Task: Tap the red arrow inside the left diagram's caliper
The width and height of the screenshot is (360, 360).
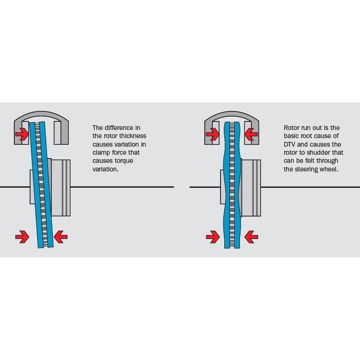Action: click(x=22, y=135)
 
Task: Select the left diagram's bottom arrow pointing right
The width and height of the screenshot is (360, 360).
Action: click(x=22, y=236)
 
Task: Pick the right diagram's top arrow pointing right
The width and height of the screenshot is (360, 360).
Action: click(x=213, y=135)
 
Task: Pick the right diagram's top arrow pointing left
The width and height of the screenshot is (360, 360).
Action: click(x=250, y=135)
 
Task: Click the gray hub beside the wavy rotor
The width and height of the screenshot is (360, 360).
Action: click(x=251, y=187)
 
